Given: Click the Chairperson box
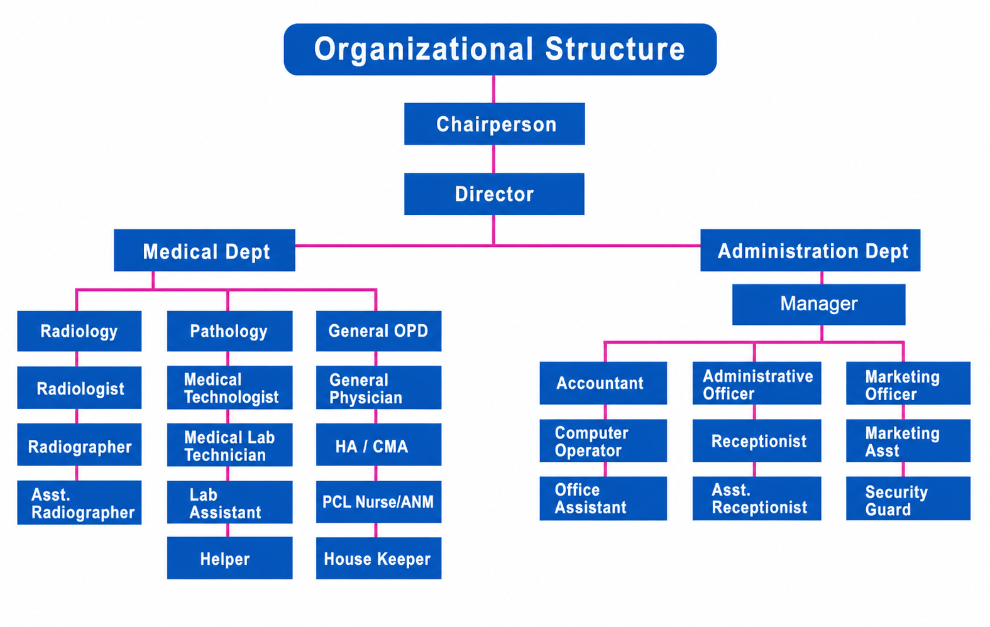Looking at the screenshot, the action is click(495, 124).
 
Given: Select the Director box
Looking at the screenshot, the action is click(494, 194).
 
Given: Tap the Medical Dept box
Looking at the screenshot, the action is click(205, 250).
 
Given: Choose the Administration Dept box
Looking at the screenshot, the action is click(811, 250).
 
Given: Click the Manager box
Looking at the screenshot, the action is click(819, 305).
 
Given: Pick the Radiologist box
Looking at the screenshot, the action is click(80, 388).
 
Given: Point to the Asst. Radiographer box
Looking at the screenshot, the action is click(80, 503).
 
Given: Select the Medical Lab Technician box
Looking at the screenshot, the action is click(230, 445).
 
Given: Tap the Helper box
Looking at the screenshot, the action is click(230, 558).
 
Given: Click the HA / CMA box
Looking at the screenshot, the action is click(379, 445).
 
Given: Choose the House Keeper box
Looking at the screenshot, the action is click(379, 558).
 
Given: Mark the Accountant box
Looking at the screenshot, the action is click(603, 383).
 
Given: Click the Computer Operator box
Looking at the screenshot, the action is click(603, 440).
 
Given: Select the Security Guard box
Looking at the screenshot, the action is click(908, 498).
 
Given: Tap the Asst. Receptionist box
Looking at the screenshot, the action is click(757, 498).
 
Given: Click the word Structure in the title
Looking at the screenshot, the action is click(615, 48).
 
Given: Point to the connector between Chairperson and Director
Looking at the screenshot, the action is click(493, 159).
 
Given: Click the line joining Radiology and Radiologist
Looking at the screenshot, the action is click(77, 359).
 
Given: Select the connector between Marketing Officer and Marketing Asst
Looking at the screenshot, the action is click(903, 412).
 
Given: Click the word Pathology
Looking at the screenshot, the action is click(229, 331).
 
